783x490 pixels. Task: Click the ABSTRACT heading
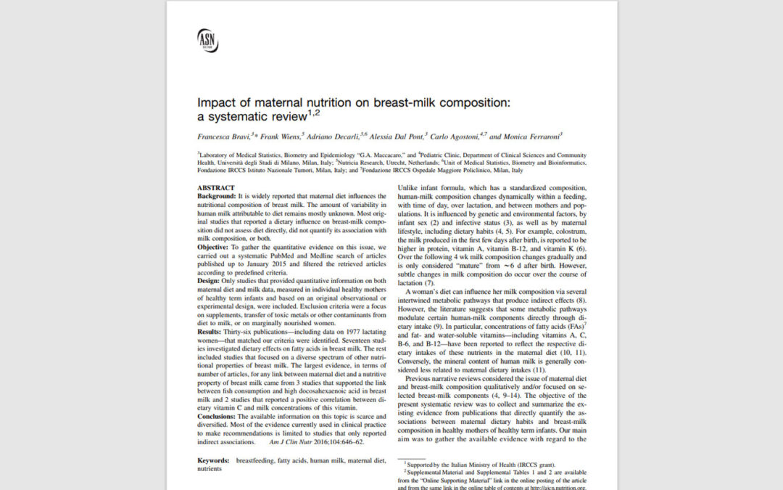(x=216, y=188)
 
